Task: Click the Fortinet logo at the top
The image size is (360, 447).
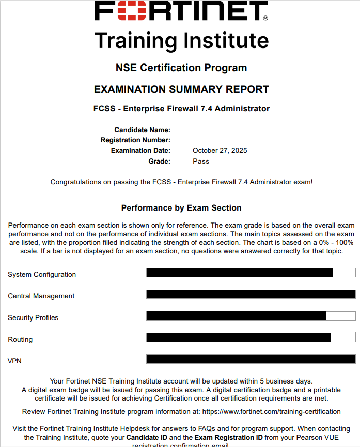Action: pos(181,11)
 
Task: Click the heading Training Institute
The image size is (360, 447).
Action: pos(182,40)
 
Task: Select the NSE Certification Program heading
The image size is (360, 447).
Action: pos(181,68)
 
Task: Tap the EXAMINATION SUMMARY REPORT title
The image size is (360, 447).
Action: pos(181,89)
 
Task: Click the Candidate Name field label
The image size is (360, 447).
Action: pos(142,130)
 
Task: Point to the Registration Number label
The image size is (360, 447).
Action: pos(135,140)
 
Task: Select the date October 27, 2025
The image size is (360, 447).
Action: pos(220,151)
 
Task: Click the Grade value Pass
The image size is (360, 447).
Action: pos(201,161)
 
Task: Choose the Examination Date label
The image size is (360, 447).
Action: pos(140,151)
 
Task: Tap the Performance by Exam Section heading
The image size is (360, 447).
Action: pos(181,208)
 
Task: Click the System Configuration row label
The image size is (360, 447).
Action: pos(42,274)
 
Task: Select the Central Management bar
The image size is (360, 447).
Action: pos(251,294)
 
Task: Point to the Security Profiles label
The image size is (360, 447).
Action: pos(33,317)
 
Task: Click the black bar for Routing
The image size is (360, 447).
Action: pos(238,338)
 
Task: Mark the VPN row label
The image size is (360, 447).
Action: pos(14,361)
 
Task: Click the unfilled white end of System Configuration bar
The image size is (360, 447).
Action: pos(344,273)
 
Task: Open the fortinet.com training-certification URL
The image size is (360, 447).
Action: pos(271,411)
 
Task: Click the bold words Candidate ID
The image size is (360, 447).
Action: pos(147,437)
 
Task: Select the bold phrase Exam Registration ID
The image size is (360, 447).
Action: pos(229,437)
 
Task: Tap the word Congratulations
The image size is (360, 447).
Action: pos(75,182)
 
